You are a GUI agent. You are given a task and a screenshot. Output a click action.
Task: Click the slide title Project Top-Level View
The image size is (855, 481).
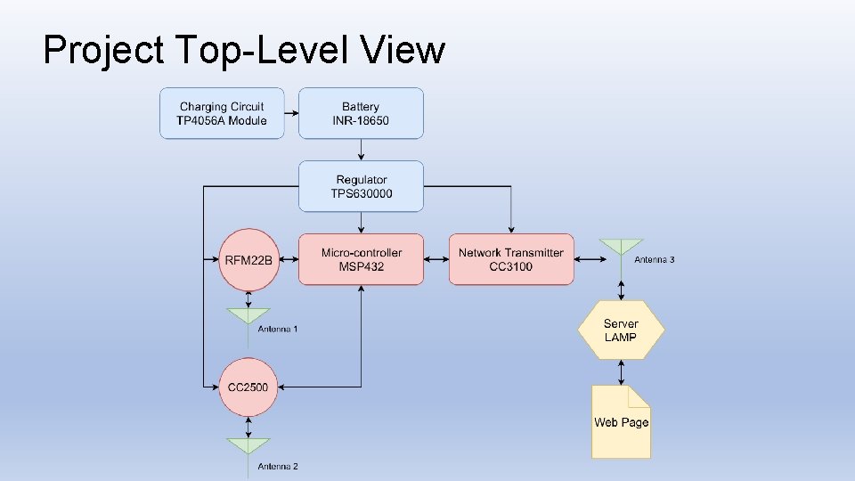tap(243, 50)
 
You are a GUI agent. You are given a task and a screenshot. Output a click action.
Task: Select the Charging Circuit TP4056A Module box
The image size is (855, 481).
tap(222, 113)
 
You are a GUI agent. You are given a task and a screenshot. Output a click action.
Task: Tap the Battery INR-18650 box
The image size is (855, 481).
tap(361, 113)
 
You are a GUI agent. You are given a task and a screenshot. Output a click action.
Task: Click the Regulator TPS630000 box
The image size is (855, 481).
tap(361, 186)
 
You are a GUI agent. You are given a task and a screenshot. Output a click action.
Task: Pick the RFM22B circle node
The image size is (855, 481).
tap(248, 260)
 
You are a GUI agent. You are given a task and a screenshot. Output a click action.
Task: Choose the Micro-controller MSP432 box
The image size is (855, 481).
tap(361, 259)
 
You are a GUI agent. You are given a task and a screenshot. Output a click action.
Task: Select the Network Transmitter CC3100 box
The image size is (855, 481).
tap(511, 259)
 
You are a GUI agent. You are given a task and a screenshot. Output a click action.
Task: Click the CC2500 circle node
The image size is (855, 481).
tap(248, 387)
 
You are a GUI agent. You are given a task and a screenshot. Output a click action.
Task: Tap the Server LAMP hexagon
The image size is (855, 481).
tap(621, 330)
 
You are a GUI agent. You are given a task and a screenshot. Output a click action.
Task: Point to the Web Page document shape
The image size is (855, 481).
tap(621, 421)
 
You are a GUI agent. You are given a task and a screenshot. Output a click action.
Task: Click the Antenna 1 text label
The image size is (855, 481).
tap(278, 330)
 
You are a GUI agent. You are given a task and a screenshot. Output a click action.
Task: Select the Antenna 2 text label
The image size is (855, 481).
tap(278, 467)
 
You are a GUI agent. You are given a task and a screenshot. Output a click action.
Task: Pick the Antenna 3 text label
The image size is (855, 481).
tap(655, 260)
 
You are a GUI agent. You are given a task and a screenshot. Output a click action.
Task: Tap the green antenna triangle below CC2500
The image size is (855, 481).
tap(248, 445)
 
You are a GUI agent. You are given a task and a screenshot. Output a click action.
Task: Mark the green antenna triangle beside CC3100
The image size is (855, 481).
tap(621, 246)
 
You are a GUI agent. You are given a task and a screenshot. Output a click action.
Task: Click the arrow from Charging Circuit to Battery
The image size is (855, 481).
tap(291, 113)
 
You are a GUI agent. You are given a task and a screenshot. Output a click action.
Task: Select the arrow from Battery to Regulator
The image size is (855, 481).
tap(361, 150)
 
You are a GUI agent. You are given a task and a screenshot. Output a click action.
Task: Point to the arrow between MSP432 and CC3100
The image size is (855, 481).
tap(436, 259)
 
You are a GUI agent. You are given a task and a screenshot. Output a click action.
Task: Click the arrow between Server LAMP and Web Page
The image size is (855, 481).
tap(621, 372)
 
